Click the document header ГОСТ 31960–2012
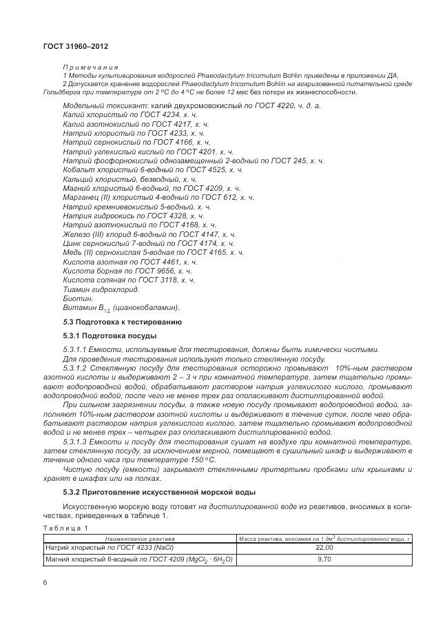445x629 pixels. point(70,46)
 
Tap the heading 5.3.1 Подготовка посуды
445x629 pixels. point(110,336)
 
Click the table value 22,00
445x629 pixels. point(324,546)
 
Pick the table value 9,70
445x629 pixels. point(324,559)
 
